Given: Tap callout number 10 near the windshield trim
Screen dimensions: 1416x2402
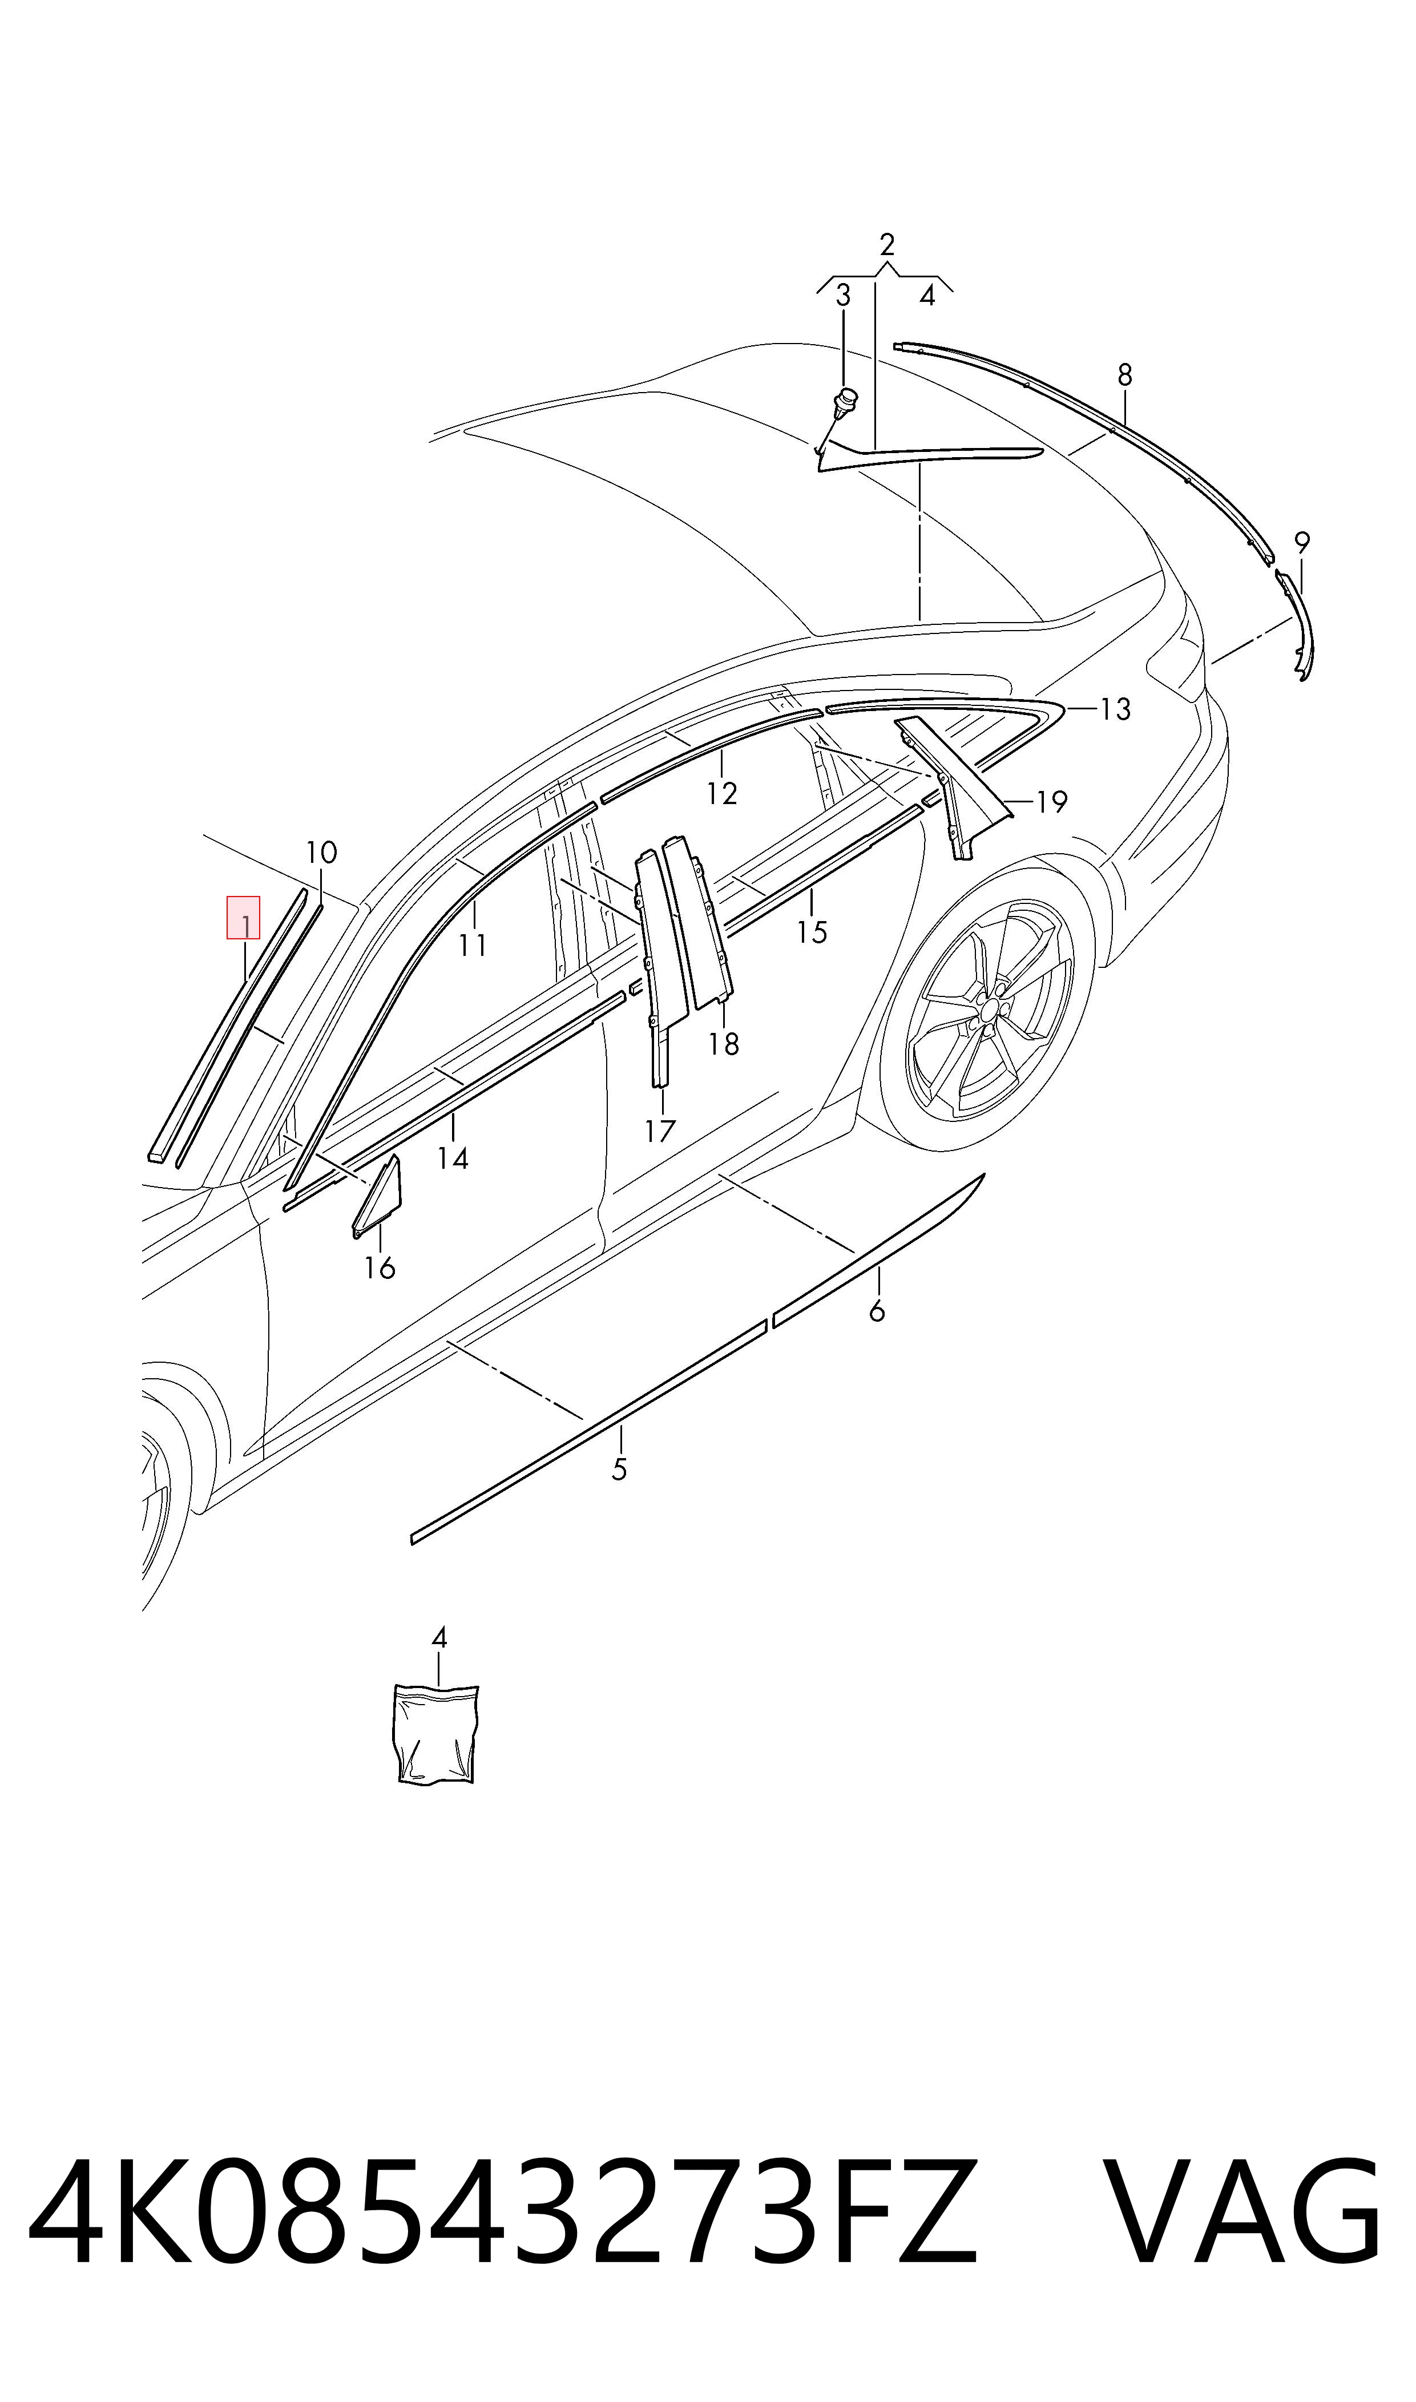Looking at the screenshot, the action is (321, 852).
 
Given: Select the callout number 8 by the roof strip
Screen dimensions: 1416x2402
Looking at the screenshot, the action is (1125, 375).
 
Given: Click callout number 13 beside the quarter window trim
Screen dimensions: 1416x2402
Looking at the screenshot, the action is (1115, 709).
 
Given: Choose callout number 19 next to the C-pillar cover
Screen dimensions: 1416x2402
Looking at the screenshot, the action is (1051, 801).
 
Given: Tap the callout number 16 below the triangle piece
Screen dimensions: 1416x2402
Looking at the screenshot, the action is (380, 1268).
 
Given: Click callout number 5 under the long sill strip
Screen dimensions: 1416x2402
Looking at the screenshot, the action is (619, 1470).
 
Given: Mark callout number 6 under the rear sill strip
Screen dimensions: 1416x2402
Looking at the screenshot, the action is (877, 1311).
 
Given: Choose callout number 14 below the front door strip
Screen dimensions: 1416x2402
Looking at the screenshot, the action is (453, 1158).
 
